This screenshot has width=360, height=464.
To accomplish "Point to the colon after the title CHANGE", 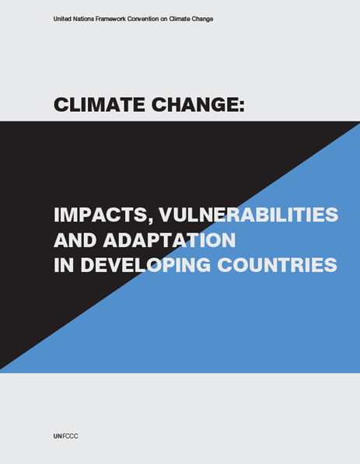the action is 242,106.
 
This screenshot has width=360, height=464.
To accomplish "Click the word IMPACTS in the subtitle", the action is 99,215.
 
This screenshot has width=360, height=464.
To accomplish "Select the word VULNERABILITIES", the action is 248,215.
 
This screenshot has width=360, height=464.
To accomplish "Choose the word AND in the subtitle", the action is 75,240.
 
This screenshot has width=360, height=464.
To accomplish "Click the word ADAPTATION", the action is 169,240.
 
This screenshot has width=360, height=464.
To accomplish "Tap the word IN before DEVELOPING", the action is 64,265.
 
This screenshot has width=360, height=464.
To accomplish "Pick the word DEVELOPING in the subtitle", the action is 145,265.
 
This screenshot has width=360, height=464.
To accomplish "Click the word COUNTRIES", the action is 277,265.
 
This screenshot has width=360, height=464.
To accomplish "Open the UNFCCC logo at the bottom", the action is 66,436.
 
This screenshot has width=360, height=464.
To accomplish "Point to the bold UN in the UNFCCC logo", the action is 58,436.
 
